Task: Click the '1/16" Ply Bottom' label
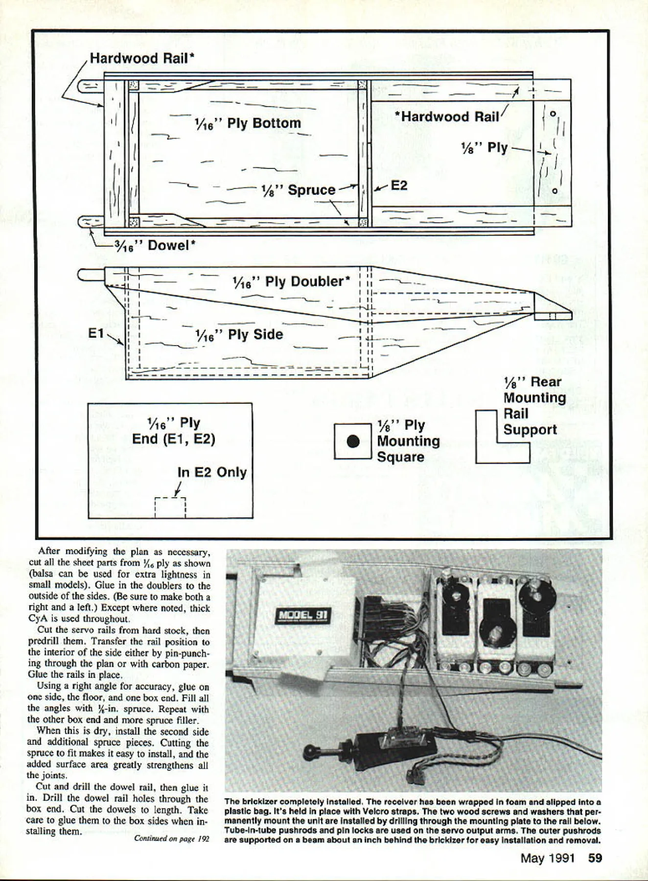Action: tap(247, 123)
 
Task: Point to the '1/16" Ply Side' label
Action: tap(239, 335)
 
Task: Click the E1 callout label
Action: tap(96, 333)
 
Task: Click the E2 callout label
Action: tap(398, 185)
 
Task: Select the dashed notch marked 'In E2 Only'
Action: tap(170, 507)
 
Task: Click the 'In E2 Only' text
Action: tap(211, 472)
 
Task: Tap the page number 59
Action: tap(595, 858)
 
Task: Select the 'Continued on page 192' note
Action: tap(171, 838)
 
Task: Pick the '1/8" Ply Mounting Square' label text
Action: tap(408, 441)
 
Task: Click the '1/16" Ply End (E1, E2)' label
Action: tap(174, 430)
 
